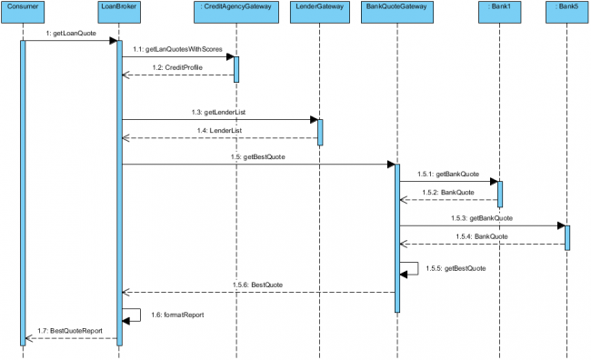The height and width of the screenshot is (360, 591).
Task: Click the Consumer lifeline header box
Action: coord(23,8)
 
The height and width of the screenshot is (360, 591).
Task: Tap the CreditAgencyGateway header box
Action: coord(235,8)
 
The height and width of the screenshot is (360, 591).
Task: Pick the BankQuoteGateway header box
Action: coord(396,8)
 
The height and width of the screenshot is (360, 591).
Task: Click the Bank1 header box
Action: coord(499,8)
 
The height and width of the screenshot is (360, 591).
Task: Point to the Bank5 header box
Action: coord(566,8)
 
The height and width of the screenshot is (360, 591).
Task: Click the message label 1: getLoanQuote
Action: coord(69,34)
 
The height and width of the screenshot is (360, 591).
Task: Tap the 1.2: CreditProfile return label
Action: coord(177,67)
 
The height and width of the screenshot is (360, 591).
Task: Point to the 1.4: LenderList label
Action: coord(219,130)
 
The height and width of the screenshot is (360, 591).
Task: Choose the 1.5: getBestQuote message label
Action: coord(258,157)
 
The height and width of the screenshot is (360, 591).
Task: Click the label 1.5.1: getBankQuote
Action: coord(447,173)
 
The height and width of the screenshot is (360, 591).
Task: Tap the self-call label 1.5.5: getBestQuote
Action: coord(456,268)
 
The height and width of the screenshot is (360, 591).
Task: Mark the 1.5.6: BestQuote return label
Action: coord(259,285)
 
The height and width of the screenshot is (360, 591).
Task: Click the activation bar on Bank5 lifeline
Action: coord(566,236)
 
